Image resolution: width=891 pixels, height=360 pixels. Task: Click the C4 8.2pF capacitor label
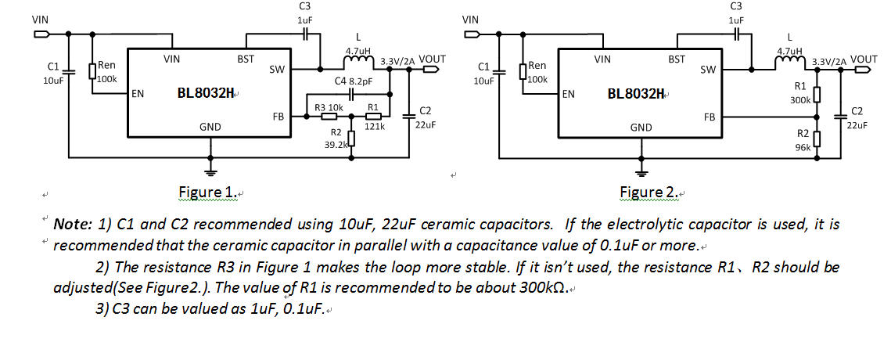(354, 81)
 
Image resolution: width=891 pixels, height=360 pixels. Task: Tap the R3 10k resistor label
(329, 107)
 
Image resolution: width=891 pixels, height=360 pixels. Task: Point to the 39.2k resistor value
(336, 145)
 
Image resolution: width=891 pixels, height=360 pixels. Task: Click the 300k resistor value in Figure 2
(800, 100)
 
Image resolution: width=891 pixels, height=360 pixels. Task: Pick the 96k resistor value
(803, 147)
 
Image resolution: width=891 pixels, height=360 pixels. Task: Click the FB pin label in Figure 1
(278, 117)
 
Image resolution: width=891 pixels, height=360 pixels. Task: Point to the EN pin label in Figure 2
(569, 94)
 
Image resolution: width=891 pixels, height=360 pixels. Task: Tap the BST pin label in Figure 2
(677, 59)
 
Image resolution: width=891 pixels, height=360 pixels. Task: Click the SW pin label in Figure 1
(276, 70)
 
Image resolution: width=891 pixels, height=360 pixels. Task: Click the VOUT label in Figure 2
(864, 59)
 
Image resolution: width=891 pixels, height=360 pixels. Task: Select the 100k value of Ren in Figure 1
(107, 79)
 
